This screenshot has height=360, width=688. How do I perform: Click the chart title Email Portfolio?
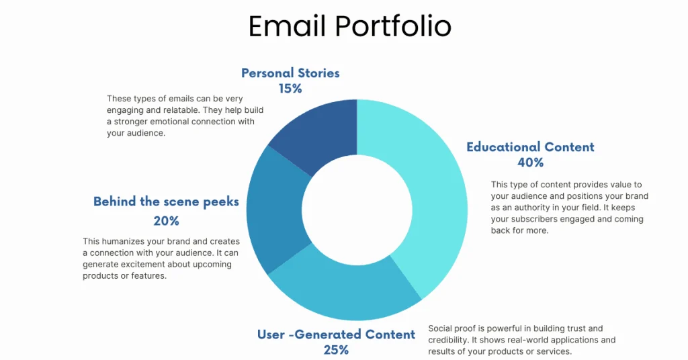tap(349, 27)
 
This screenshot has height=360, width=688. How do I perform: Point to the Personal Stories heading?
tap(290, 73)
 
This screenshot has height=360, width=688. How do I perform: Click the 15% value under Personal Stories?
tap(290, 88)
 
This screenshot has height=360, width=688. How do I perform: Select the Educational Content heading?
tap(530, 147)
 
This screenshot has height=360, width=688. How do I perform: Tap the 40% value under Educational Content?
tap(530, 163)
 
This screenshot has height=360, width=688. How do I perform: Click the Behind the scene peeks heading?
tap(166, 201)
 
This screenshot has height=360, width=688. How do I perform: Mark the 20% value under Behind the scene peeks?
tap(166, 220)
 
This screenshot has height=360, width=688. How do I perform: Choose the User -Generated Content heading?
tap(336, 334)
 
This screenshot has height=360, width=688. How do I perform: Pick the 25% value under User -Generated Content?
tap(336, 350)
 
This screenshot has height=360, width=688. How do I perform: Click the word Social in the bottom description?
tap(441, 329)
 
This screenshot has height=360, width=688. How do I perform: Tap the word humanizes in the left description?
tap(124, 240)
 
